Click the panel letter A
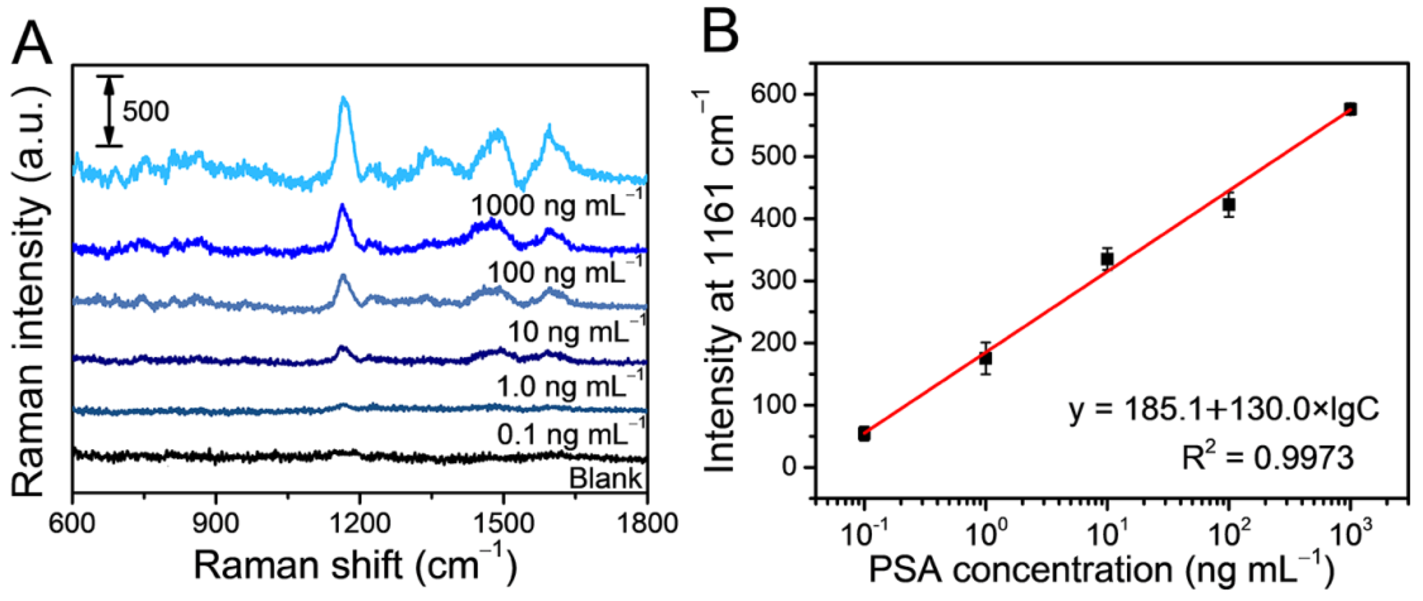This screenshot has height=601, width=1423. pyautogui.click(x=31, y=43)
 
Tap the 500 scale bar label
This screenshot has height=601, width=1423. pyautogui.click(x=145, y=111)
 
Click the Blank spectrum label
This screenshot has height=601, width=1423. pyautogui.click(x=605, y=478)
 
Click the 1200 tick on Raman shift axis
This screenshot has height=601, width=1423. pyautogui.click(x=359, y=522)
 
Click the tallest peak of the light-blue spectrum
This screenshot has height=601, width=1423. pyautogui.click(x=344, y=99)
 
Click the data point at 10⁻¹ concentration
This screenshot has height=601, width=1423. pyautogui.click(x=865, y=434)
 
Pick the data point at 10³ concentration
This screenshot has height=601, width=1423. pyautogui.click(x=1350, y=109)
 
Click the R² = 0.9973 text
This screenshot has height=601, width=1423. pyautogui.click(x=1268, y=458)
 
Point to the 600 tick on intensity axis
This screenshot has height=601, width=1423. pyautogui.click(x=773, y=94)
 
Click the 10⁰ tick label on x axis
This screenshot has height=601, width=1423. pyautogui.click(x=985, y=534)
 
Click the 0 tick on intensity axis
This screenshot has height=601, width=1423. pyautogui.click(x=790, y=467)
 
